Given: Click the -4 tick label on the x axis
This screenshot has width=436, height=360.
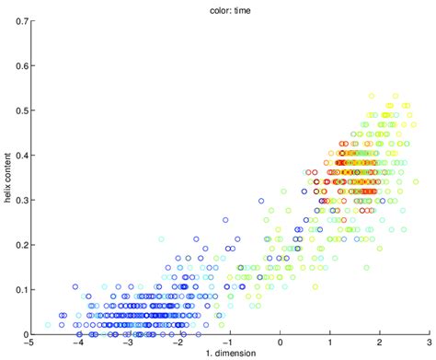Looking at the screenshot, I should (x=78, y=343).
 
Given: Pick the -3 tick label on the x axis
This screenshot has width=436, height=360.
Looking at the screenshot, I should (x=128, y=343).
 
